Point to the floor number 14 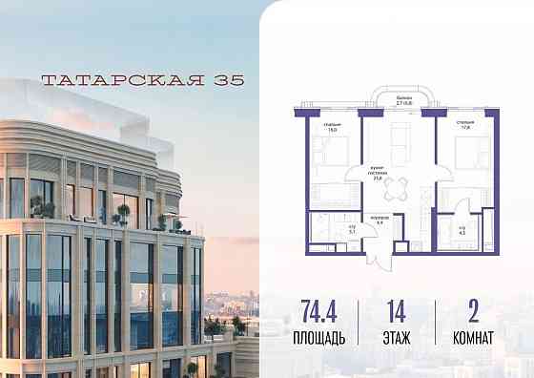pyautogui.click(x=395, y=312)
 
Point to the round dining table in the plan pyautogui.click(x=402, y=183)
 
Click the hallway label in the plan pyautogui.click(x=379, y=220)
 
